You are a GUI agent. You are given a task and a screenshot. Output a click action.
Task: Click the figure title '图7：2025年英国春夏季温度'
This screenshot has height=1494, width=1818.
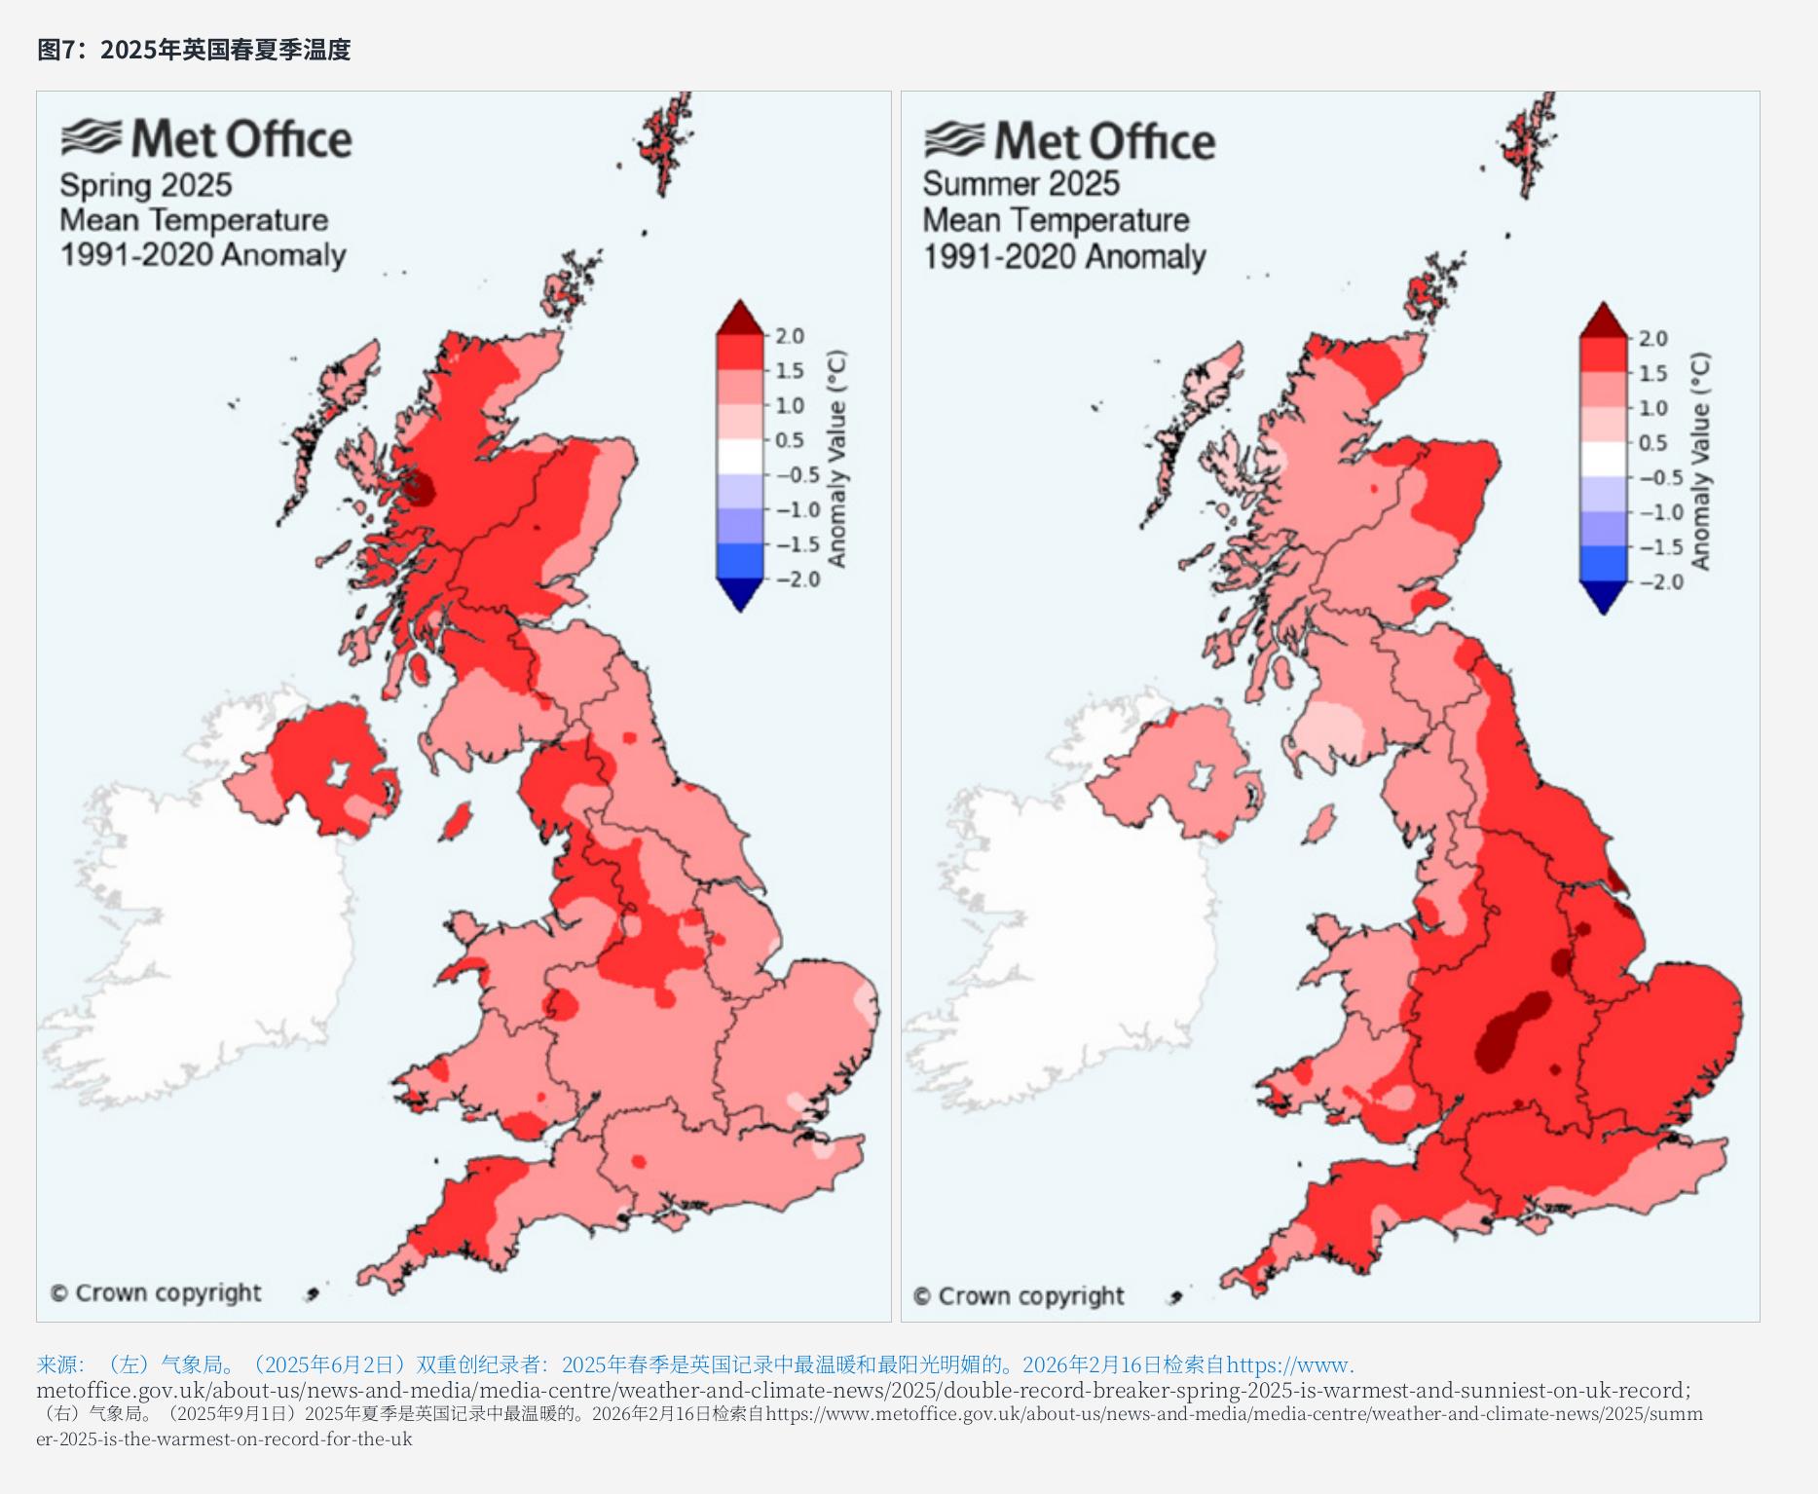click(x=194, y=49)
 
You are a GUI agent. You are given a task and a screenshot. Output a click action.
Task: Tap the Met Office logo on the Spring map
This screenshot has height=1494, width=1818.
click(x=206, y=138)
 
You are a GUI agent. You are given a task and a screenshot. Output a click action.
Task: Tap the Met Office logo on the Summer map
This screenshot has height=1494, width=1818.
click(x=1069, y=141)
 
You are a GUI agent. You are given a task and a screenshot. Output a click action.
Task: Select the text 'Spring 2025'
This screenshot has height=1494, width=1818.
click(x=146, y=185)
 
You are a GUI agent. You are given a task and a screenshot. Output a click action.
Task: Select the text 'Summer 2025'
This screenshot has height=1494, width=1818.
click(x=1021, y=183)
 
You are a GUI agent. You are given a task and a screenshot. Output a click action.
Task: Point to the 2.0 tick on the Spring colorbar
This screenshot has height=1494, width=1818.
click(x=790, y=336)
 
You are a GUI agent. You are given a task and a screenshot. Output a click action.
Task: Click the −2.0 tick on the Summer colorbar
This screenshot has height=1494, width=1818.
click(x=1659, y=582)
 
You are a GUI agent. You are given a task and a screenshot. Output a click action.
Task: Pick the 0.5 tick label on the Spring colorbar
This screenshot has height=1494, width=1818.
click(x=790, y=440)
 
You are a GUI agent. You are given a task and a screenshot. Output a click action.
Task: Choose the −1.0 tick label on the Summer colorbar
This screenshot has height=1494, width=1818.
click(x=1659, y=512)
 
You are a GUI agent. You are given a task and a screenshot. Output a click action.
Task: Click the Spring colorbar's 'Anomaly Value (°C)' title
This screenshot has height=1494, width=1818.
click(x=836, y=458)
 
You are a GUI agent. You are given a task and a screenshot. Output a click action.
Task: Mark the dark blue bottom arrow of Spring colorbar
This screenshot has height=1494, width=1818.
click(x=740, y=594)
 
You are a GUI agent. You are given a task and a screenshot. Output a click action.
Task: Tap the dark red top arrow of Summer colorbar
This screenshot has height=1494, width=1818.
click(x=1603, y=319)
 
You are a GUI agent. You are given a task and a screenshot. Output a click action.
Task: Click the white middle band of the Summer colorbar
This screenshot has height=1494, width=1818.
click(x=1603, y=460)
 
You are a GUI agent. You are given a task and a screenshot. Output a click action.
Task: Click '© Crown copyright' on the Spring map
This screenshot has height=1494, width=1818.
click(x=156, y=1293)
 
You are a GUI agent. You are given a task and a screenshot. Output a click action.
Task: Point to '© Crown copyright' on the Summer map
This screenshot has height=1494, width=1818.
click(x=1019, y=1296)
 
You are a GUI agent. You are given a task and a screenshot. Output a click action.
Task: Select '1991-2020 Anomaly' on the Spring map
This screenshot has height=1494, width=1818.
click(x=203, y=255)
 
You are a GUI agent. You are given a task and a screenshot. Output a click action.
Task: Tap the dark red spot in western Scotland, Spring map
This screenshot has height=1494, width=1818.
click(x=422, y=487)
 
